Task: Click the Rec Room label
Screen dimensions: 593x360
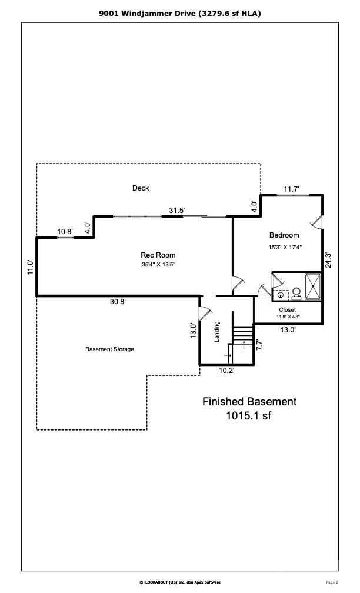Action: pyautogui.click(x=158, y=255)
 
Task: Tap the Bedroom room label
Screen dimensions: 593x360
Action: pyautogui.click(x=284, y=235)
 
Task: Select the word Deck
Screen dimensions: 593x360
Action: pyautogui.click(x=141, y=188)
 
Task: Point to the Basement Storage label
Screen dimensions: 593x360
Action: pyautogui.click(x=109, y=349)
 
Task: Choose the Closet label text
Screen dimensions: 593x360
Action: pyautogui.click(x=287, y=309)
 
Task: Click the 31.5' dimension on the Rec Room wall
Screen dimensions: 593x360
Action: pyautogui.click(x=177, y=210)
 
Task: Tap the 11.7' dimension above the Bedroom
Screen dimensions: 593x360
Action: pyautogui.click(x=292, y=189)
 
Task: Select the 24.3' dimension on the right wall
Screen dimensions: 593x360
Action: pyautogui.click(x=329, y=260)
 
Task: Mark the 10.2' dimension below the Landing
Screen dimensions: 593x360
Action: pyautogui.click(x=227, y=371)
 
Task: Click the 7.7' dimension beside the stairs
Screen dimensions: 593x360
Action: pyautogui.click(x=259, y=345)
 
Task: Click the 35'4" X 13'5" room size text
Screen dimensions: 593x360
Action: pyautogui.click(x=158, y=264)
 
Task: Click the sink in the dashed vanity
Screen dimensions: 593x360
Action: pyautogui.click(x=281, y=295)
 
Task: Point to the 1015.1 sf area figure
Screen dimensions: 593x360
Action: pyautogui.click(x=249, y=416)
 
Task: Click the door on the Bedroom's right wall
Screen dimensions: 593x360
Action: pyautogui.click(x=318, y=222)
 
